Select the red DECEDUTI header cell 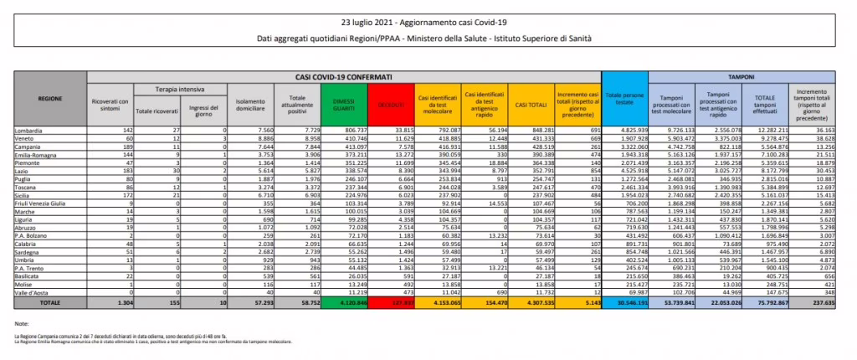pyautogui.click(x=391, y=103)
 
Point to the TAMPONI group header pyautogui.click(x=741, y=75)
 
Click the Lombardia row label pyautogui.click(x=30, y=131)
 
